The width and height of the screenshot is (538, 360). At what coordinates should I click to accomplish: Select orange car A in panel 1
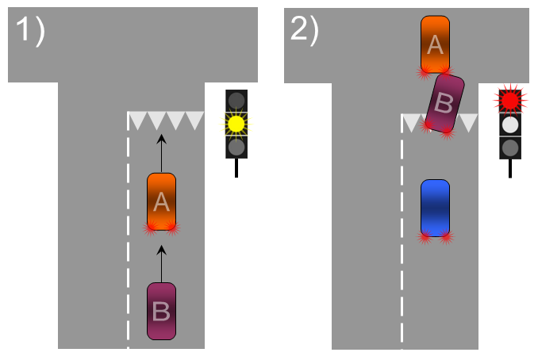161,201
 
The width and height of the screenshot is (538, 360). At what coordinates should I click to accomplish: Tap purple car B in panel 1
161,311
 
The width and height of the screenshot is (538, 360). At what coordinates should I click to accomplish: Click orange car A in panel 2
435,44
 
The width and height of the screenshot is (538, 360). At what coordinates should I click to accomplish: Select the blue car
435,208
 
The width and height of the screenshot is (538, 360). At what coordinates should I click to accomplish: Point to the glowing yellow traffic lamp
236,124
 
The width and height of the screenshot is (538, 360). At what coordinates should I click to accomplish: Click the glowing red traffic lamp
510,100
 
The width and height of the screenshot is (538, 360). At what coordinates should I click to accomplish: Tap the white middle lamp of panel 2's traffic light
510,124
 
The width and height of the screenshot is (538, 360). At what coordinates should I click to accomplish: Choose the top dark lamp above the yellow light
236,101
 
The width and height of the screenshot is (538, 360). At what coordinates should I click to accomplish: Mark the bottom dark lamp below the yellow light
236,147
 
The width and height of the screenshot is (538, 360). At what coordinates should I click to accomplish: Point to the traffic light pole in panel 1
236,167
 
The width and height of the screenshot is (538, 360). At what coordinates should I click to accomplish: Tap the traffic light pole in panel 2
510,168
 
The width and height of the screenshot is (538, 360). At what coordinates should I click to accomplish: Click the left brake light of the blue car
425,236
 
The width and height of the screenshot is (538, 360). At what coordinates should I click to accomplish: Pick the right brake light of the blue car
445,236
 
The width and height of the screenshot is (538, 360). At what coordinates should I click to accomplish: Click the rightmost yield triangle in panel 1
194,121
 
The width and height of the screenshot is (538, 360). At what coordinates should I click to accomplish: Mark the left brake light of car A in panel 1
151,228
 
